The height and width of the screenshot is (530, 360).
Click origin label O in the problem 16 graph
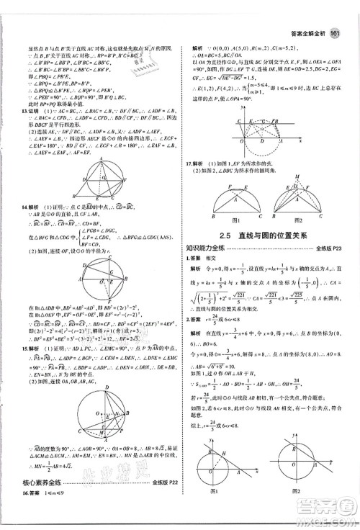click(x=241, y=132)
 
